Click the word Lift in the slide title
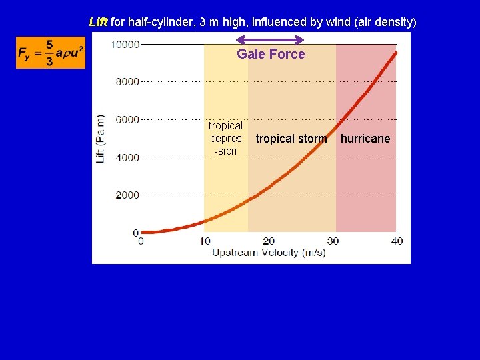tap(98, 22)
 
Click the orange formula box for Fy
tap(51, 53)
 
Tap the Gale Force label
tap(271, 55)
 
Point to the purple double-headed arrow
tap(271, 39)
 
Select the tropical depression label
tap(225, 139)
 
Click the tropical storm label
tap(291, 139)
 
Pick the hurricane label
tap(365, 139)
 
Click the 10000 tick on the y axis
tap(125, 45)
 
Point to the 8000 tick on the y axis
tap(127, 82)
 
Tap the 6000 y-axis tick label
tap(127, 120)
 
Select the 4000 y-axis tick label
tap(127, 157)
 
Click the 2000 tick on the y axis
tap(127, 195)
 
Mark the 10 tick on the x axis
tap(205, 241)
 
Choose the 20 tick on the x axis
tap(269, 241)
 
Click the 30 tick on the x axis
tap(333, 241)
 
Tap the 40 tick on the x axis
tap(397, 241)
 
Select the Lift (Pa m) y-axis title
tap(101, 139)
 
